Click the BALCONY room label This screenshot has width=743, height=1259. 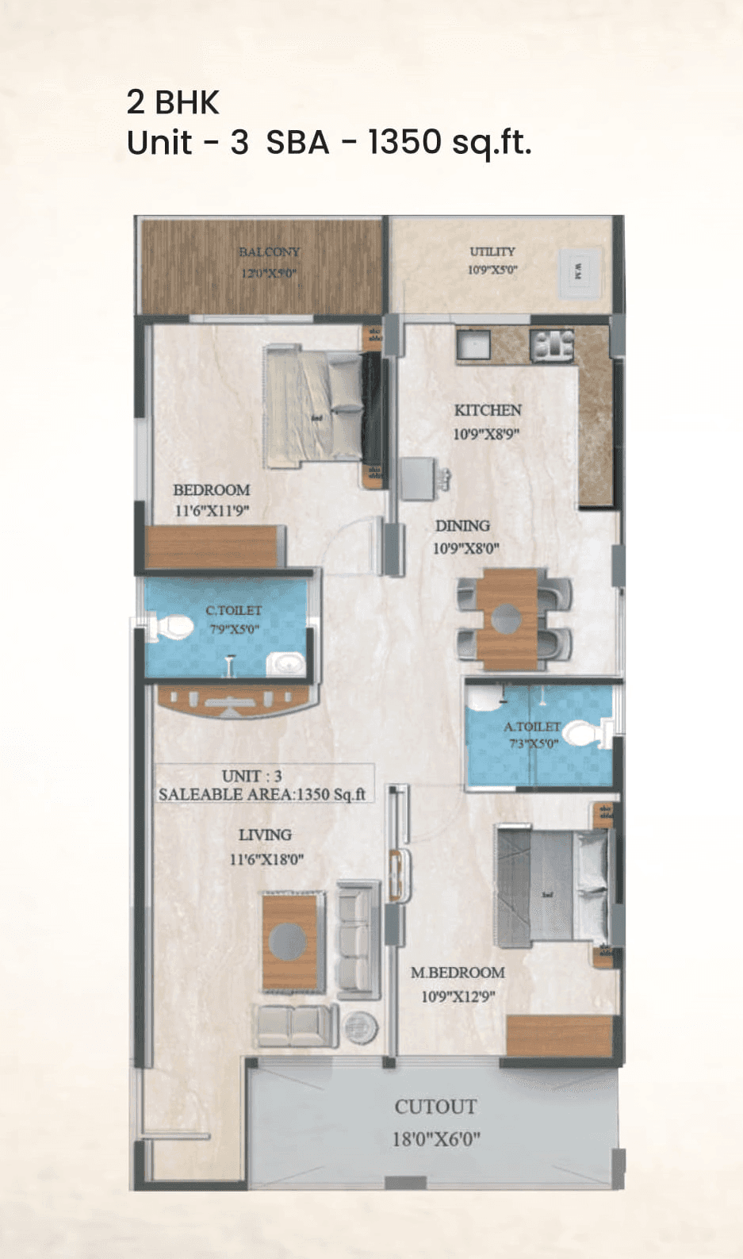(270, 251)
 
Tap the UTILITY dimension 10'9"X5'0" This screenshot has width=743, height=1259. (492, 270)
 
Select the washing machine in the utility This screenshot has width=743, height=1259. (577, 272)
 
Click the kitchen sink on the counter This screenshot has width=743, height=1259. (473, 346)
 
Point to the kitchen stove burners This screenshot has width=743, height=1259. (552, 346)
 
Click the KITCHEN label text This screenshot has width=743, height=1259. (488, 410)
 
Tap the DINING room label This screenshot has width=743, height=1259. (462, 526)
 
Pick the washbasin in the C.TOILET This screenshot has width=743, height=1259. (285, 663)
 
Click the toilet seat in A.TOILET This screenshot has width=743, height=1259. (584, 733)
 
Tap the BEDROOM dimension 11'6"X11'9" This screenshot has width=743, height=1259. (212, 511)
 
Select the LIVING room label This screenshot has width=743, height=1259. (265, 835)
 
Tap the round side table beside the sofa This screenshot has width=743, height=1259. (362, 1028)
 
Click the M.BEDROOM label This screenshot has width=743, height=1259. (458, 973)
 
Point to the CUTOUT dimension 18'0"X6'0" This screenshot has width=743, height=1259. (436, 1139)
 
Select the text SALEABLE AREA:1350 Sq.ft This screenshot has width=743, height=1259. (262, 794)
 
